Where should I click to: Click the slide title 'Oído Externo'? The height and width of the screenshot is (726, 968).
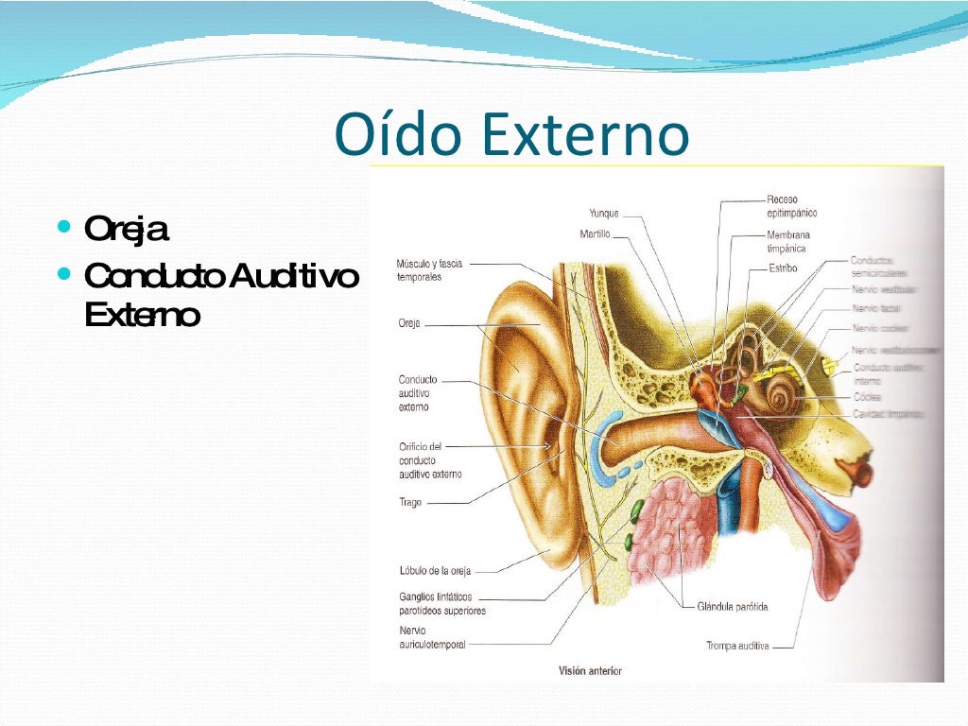click(x=511, y=135)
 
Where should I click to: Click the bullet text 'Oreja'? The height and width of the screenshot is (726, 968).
click(x=127, y=230)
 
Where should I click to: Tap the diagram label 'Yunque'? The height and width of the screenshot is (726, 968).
click(x=604, y=213)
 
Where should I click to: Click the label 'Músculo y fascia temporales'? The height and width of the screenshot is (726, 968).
click(x=429, y=270)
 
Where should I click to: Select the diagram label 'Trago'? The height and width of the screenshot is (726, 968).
click(x=410, y=503)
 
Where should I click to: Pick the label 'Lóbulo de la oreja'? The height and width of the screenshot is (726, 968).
click(x=435, y=570)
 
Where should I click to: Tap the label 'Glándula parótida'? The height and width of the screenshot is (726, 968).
click(x=733, y=606)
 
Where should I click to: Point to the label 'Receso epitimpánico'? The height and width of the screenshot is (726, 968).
click(x=792, y=207)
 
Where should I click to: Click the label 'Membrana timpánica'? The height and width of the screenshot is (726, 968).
click(x=788, y=241)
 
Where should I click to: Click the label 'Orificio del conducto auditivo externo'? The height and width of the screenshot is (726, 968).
click(x=430, y=459)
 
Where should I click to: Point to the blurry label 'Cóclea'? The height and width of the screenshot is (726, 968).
click(x=867, y=398)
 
